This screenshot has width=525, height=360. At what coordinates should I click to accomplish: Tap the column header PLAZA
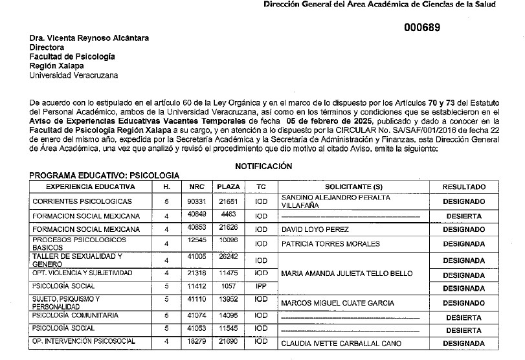pos(228,186)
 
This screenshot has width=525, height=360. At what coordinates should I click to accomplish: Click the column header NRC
pos(196,186)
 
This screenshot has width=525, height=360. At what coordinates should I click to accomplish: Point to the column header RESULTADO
pos(464,186)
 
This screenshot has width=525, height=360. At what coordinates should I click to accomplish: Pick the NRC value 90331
pos(196,201)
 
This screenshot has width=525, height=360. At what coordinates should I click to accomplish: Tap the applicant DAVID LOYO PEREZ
pos(315,230)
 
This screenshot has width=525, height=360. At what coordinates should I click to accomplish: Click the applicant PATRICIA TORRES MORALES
pos(330,244)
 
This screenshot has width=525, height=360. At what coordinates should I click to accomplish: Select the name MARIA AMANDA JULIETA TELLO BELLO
pos(346,273)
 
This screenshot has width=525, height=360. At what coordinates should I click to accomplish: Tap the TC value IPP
pos(261,286)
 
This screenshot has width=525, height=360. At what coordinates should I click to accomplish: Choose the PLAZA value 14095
pos(228,315)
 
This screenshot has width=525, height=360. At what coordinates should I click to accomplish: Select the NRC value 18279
pos(196,341)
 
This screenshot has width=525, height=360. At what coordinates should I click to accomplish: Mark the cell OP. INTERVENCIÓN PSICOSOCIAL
pos(84,341)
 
